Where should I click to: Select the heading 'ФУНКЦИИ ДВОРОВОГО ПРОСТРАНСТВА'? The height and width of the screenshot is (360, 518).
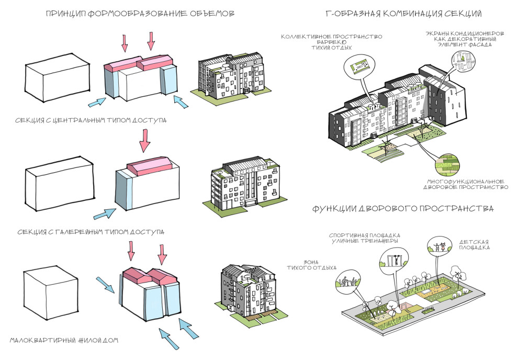point(403,209)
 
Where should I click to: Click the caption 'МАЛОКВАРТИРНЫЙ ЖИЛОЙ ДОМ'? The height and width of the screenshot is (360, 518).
point(64,340)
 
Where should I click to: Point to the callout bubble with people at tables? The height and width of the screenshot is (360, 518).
point(346,282)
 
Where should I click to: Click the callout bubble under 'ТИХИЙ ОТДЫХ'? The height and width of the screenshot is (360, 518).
point(358,66)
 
